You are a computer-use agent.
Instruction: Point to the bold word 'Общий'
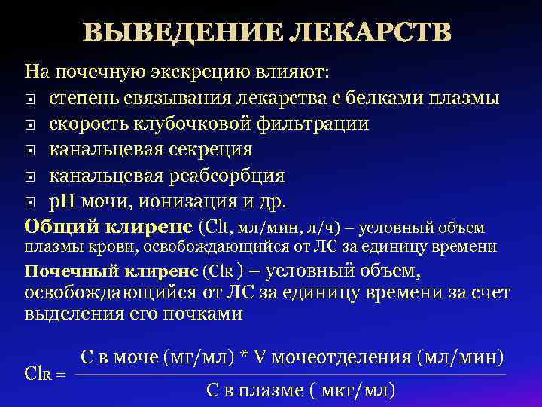click(x=57, y=226)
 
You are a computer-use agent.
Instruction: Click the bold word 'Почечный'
click(x=60, y=271)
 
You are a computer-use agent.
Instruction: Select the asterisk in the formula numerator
click(x=245, y=358)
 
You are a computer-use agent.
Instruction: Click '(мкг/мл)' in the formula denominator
click(x=355, y=391)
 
